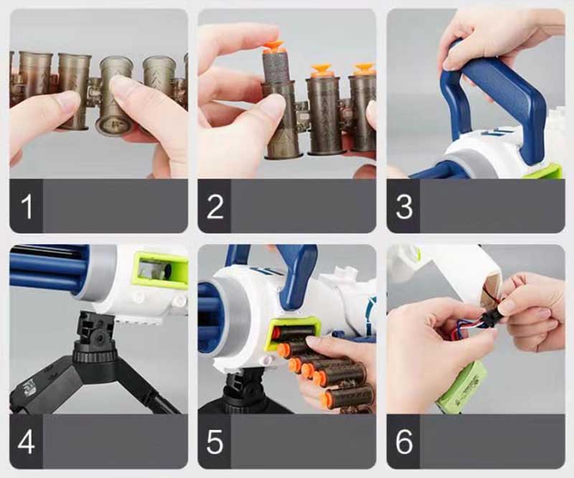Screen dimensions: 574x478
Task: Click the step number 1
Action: click(27, 207)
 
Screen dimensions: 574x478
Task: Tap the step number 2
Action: click(215, 207)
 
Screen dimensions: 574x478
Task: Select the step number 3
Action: click(404, 207)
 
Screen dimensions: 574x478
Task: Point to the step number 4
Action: click(26, 442)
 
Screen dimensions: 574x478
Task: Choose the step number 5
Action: click(215, 442)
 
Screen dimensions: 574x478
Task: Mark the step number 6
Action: click(404, 442)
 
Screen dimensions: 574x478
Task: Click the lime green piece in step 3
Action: click(545, 172)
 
